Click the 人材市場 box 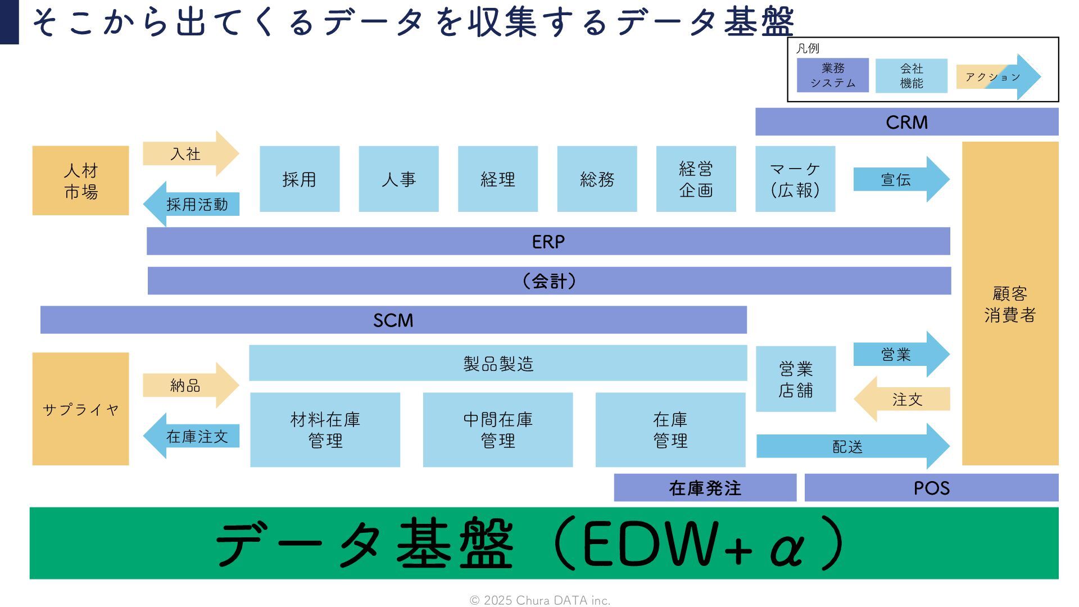80,180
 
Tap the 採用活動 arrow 194,204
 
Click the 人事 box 398,179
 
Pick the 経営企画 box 696,179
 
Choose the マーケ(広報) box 795,179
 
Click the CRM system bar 906,122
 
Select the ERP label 548,242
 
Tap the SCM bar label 393,320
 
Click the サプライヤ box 80,409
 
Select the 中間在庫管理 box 497,430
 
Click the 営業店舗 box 795,379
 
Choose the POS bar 931,488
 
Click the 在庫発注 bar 705,488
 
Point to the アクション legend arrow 997,77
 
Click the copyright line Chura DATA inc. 539,600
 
